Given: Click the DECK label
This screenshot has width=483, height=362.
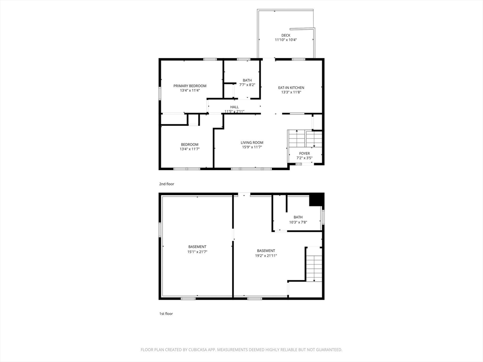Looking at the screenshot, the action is [x=285, y=35].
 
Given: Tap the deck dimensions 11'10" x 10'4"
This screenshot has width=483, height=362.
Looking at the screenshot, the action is [x=285, y=40].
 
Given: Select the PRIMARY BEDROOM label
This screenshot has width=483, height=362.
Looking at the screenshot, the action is [x=190, y=86].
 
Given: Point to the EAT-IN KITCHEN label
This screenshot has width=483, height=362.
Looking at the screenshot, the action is [x=291, y=88].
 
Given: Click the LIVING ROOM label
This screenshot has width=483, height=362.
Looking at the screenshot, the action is [x=252, y=142].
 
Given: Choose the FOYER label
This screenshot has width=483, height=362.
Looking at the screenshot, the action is [x=304, y=153].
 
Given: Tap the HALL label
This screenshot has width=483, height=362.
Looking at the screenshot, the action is [x=234, y=107].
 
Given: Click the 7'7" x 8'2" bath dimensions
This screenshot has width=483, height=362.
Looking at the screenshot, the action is [x=247, y=85].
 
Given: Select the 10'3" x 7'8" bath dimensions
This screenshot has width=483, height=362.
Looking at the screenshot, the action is [x=298, y=222].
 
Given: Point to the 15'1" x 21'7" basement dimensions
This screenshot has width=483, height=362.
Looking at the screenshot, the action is [x=198, y=252].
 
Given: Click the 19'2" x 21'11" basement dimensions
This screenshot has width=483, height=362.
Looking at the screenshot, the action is [x=266, y=255].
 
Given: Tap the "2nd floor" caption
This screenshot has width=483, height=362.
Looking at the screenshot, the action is [x=167, y=184].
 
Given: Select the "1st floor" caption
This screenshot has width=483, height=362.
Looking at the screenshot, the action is [x=166, y=313].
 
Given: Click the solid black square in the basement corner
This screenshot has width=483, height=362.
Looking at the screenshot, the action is [x=316, y=199].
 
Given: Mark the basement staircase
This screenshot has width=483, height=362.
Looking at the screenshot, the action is [x=314, y=264].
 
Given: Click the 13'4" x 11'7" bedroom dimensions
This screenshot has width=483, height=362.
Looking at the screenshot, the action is [x=190, y=149].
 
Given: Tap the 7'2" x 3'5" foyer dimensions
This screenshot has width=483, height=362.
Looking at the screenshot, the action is [x=304, y=158].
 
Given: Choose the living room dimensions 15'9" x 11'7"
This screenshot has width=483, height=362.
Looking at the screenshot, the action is [x=252, y=147].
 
